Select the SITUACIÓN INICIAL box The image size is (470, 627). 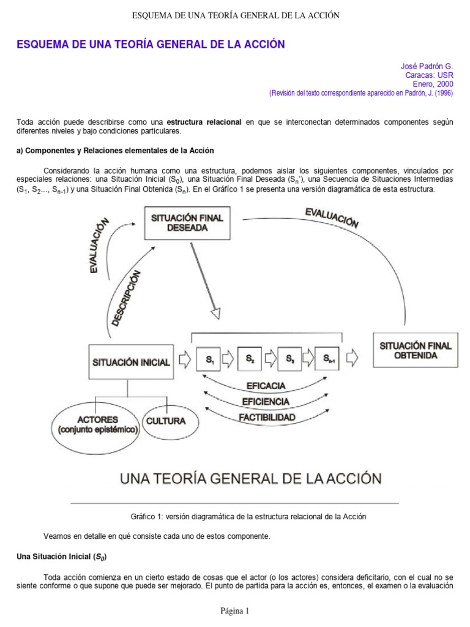131,362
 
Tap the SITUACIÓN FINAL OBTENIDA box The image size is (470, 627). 416,350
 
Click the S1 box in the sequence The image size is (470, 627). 209,359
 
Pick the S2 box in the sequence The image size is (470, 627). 250,359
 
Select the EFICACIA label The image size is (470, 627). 265,386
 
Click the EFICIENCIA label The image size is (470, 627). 265,402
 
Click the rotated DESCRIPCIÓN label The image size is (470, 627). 130,298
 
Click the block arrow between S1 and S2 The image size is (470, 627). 228,359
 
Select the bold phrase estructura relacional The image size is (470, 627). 204,122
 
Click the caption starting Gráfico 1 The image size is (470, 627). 248,516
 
